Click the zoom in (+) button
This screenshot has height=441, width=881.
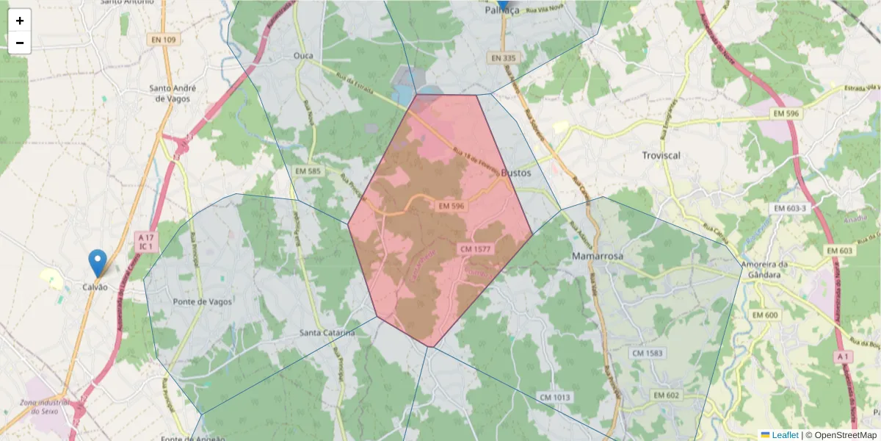click(x=20, y=21)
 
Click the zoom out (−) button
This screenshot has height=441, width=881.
click(x=20, y=43)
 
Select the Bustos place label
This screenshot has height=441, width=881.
click(x=515, y=173)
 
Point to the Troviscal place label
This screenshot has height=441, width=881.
click(x=661, y=155)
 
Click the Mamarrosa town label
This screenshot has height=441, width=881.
click(x=597, y=256)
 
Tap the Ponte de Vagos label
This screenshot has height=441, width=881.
click(x=202, y=301)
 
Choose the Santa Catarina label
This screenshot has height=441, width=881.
click(x=327, y=333)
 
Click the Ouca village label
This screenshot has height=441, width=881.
click(x=303, y=56)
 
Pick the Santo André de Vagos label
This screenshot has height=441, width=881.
click(x=170, y=93)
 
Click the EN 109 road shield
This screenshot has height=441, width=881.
click(x=163, y=40)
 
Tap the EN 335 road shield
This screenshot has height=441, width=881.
click(x=504, y=57)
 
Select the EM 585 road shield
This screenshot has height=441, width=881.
click(x=308, y=171)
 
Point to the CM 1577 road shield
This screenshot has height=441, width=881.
click(x=475, y=249)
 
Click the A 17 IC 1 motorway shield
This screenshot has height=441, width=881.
click(x=145, y=242)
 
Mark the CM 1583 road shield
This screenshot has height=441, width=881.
click(x=647, y=354)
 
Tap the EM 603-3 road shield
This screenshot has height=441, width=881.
click(x=790, y=209)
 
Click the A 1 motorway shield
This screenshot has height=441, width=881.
click(x=844, y=356)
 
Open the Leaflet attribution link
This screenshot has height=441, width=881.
click(x=784, y=435)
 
